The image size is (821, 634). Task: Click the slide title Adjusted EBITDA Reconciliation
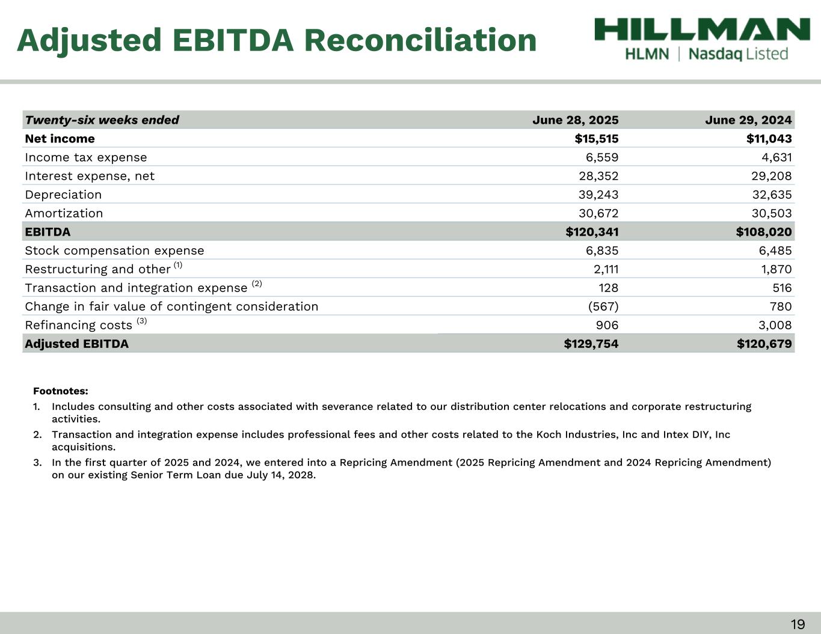(277, 40)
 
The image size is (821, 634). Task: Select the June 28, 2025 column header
(575, 120)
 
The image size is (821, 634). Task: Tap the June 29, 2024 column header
(748, 120)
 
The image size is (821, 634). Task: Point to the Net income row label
(60, 139)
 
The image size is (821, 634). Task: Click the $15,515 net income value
(596, 139)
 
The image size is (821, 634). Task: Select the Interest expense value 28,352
(598, 176)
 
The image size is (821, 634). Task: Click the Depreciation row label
(63, 195)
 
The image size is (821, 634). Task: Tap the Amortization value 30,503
(772, 213)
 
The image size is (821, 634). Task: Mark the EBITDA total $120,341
(592, 232)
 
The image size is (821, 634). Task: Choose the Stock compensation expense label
(114, 251)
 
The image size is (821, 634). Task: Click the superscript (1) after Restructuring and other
(178, 265)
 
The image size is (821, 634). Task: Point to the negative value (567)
(603, 306)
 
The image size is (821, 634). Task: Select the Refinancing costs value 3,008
(775, 325)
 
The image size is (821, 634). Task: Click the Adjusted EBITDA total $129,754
(591, 344)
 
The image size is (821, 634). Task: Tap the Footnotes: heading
(61, 391)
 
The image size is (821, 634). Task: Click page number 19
(798, 624)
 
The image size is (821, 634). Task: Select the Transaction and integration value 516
(781, 288)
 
